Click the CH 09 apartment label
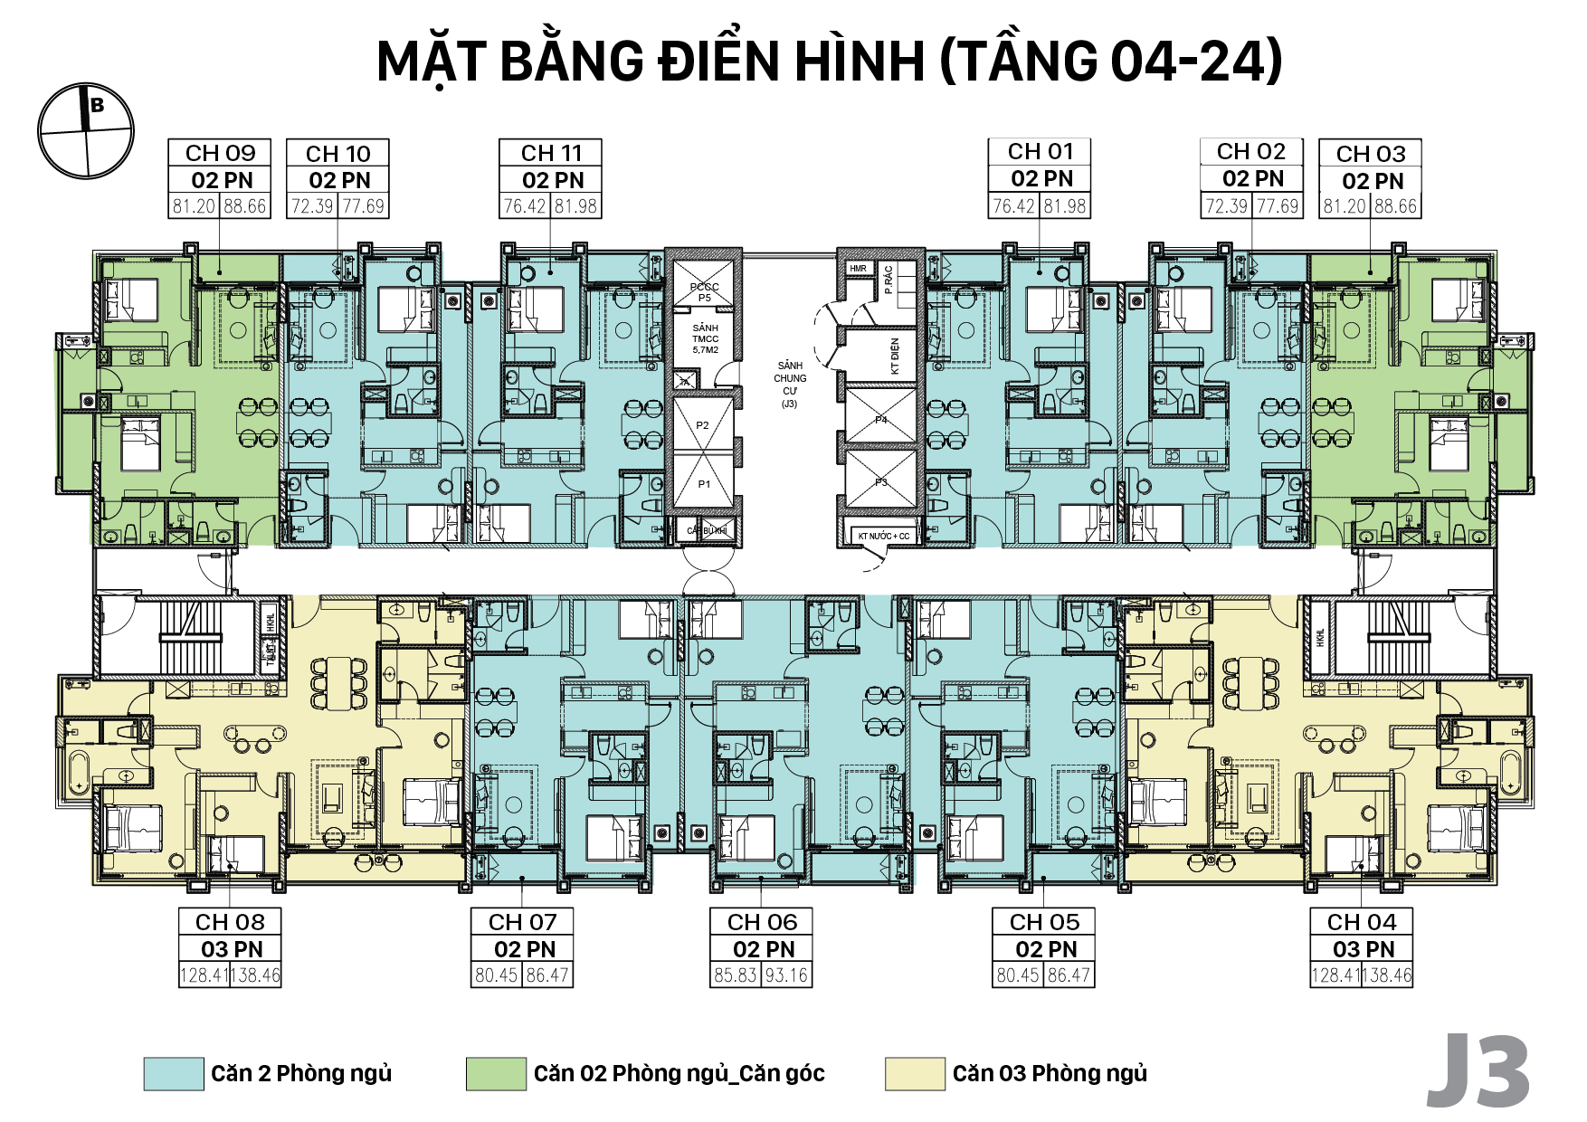point(220,153)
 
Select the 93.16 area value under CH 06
point(786,975)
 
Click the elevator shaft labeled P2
point(703,424)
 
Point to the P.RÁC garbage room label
point(889,280)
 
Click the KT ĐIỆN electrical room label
point(895,356)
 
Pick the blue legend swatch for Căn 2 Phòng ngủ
point(174,1073)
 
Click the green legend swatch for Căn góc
point(496,1073)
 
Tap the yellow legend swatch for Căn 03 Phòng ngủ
point(915,1073)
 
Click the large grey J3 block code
point(1478,1072)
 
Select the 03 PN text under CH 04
point(1363,949)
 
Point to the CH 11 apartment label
point(551,153)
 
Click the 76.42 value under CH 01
point(1013,205)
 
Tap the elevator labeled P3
point(880,482)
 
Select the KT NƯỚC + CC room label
point(883,536)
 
